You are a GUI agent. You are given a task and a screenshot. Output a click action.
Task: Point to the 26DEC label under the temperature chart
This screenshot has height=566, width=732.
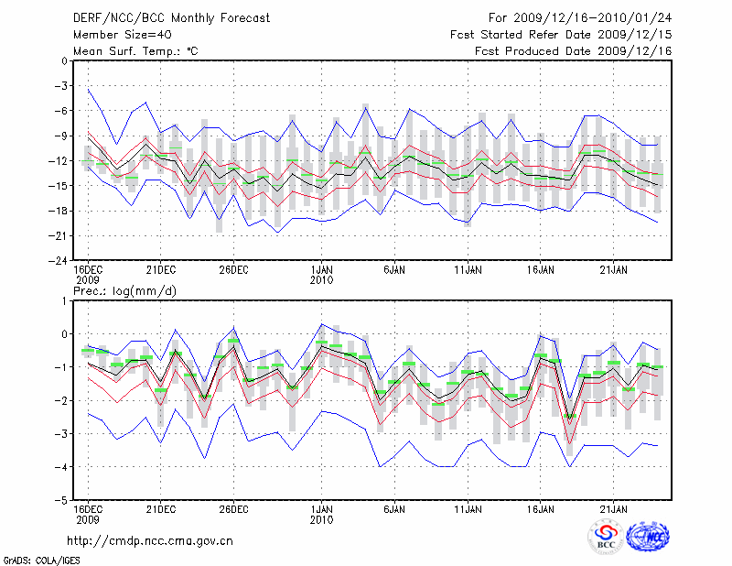233,270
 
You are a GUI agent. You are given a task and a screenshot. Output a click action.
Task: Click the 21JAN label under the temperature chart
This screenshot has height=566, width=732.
614,270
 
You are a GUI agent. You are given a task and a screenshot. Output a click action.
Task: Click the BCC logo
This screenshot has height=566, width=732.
606,539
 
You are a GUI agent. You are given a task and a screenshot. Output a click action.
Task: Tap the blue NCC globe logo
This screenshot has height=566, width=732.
647,538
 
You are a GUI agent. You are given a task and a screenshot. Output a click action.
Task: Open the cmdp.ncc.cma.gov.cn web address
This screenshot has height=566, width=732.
151,540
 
